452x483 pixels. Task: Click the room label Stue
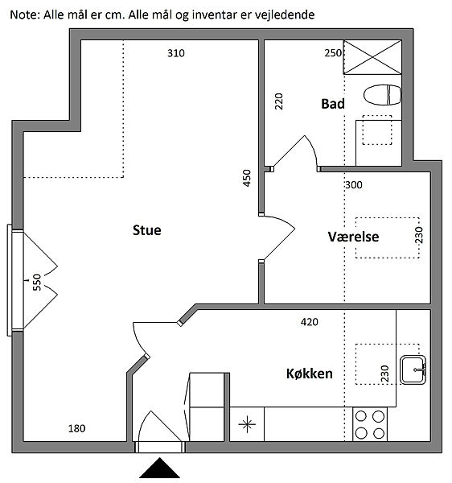146,230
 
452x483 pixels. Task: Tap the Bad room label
333,104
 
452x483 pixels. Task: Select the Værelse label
353,237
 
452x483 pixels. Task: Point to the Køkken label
309,374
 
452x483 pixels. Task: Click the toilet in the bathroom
383,95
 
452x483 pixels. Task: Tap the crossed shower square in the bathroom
372,57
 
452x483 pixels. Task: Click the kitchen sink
413,369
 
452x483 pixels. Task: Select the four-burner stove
370,424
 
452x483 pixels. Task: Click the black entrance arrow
159,468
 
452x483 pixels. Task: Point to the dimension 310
176,53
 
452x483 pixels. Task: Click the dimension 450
247,178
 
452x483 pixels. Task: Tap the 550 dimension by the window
37,283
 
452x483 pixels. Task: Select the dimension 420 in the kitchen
309,322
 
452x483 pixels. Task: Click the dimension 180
76,428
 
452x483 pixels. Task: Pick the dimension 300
354,185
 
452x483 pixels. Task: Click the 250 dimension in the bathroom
333,53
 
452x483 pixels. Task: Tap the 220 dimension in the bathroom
279,101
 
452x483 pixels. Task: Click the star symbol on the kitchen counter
247,424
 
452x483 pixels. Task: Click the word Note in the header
23,14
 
